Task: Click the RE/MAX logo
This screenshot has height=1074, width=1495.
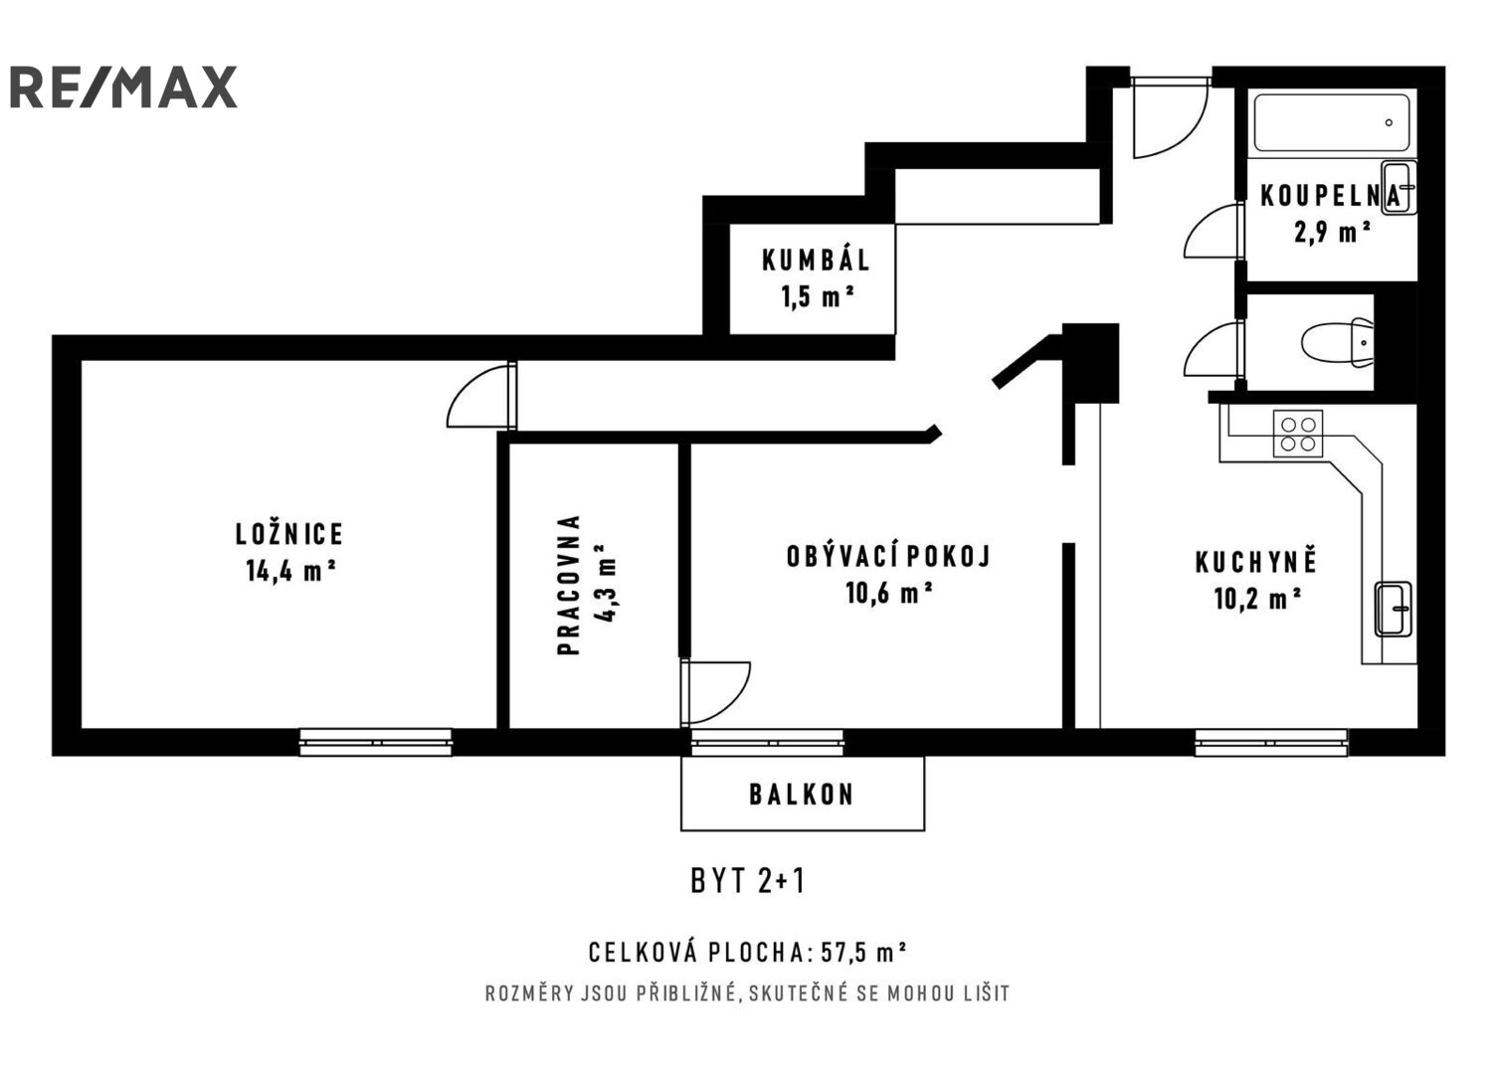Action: [123, 88]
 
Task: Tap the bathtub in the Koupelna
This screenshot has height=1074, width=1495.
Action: [1331, 123]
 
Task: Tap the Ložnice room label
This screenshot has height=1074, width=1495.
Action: [289, 534]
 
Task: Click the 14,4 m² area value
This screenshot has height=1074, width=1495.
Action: [289, 571]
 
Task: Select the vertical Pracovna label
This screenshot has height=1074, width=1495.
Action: [568, 585]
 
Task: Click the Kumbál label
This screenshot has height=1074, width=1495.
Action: [816, 261]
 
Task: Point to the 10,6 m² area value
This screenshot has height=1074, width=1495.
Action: [888, 594]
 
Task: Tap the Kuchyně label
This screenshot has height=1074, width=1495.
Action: [1256, 562]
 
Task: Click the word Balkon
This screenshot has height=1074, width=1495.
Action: [802, 795]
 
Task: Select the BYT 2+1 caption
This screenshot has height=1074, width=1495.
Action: [747, 881]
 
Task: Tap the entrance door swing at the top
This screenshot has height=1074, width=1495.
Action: [1169, 118]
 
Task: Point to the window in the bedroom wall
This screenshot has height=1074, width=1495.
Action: [376, 741]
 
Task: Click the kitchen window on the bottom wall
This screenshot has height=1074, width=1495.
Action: [1270, 741]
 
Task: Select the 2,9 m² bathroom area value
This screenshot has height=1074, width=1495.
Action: [1332, 233]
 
